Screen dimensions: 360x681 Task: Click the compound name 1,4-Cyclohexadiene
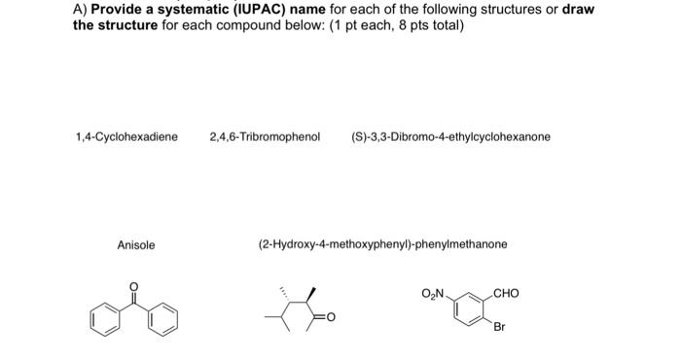click(126, 137)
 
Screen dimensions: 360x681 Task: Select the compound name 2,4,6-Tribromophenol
click(265, 137)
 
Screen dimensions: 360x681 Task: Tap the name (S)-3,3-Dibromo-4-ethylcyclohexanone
click(450, 137)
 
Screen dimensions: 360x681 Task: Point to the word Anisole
click(136, 245)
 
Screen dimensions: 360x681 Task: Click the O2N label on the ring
click(433, 293)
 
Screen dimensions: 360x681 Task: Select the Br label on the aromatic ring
click(499, 328)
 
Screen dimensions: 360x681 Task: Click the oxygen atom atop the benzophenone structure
click(135, 286)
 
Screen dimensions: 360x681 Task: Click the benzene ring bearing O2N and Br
click(472, 309)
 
